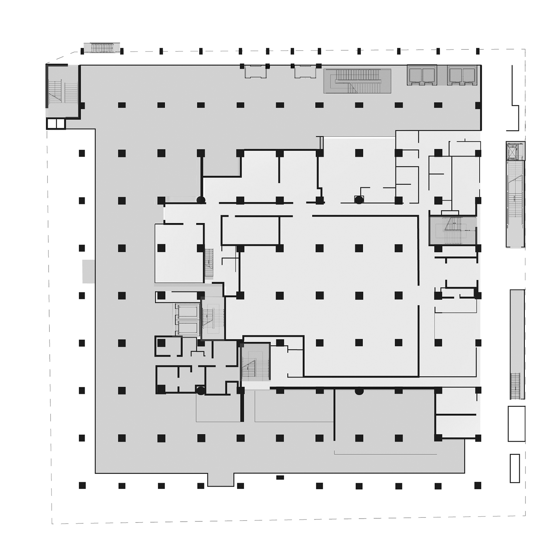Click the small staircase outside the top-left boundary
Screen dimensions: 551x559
click(102, 48)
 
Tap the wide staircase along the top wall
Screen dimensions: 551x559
click(357, 81)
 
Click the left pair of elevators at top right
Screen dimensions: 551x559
click(422, 75)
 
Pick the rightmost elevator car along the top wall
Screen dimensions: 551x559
click(469, 75)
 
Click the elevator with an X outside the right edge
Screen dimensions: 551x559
click(515, 151)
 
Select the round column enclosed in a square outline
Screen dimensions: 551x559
click(359, 199)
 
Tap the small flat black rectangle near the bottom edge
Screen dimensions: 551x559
click(280, 477)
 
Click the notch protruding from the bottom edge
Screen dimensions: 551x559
click(220, 479)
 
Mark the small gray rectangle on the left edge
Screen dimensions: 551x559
click(89, 271)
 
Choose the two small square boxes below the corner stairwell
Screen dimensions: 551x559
click(56, 124)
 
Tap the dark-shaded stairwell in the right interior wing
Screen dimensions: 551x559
click(452, 230)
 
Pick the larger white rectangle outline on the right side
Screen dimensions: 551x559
click(516, 423)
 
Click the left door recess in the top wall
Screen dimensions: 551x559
click(255, 71)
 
